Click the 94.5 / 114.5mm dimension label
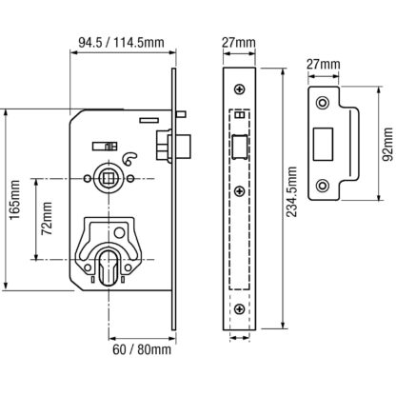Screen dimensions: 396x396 [122, 42]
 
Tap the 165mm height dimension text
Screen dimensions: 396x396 [14, 200]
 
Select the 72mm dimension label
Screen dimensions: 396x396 [47, 218]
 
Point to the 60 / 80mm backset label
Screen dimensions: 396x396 [142, 349]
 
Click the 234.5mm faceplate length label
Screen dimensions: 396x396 [291, 191]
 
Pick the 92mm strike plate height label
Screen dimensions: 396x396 [386, 145]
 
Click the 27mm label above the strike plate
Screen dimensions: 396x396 [323, 65]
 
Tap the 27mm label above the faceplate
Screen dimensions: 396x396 [239, 43]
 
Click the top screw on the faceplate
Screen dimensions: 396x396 [239, 89]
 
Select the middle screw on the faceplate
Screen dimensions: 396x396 [239, 191]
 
